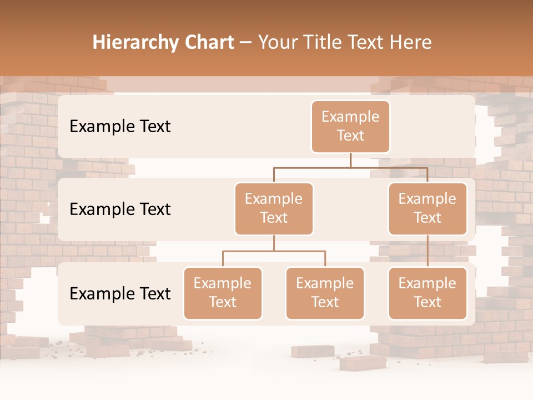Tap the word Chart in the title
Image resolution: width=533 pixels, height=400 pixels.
pyautogui.click(x=208, y=43)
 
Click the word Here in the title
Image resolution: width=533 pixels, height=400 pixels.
pyautogui.click(x=411, y=43)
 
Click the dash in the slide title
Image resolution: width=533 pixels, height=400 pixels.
pyautogui.click(x=246, y=43)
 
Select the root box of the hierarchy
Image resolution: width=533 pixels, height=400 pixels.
pyautogui.click(x=350, y=127)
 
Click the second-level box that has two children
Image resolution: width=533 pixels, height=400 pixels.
pyautogui.click(x=274, y=209)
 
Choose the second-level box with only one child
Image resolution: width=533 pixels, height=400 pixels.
pyautogui.click(x=428, y=209)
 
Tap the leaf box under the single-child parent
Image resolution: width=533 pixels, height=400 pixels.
pyautogui.click(x=428, y=293)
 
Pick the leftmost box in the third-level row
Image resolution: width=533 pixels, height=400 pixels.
pyautogui.click(x=223, y=293)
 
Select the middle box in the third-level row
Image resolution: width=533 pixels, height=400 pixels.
pyautogui.click(x=325, y=293)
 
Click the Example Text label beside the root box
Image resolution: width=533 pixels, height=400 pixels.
pyautogui.click(x=120, y=127)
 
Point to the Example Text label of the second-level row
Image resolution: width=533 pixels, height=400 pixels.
pyautogui.click(x=120, y=209)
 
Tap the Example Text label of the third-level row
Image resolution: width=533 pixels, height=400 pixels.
pyautogui.click(x=120, y=294)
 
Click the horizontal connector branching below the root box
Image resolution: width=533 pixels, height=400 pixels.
pyautogui.click(x=350, y=167)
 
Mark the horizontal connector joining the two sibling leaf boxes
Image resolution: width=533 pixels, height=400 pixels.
pyautogui.click(x=274, y=251)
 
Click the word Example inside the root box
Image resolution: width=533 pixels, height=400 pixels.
pyautogui.click(x=350, y=117)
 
